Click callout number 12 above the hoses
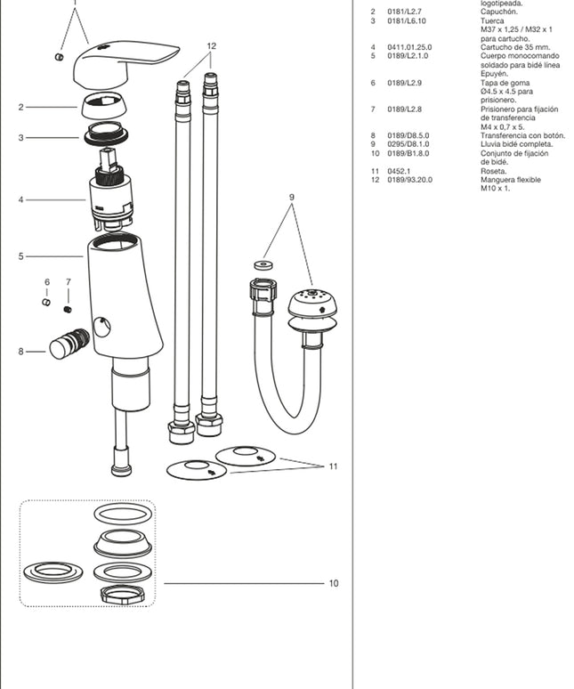[211, 45]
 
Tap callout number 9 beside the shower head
[291, 197]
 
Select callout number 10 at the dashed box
[334, 584]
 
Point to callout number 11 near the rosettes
[333, 466]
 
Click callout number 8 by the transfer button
[20, 352]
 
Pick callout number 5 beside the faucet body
[20, 256]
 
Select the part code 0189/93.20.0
[408, 180]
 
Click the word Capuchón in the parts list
[498, 12]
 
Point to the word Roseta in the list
[493, 171]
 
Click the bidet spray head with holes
[312, 307]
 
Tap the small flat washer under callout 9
[261, 264]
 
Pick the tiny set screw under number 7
[68, 309]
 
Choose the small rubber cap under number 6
[47, 302]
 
